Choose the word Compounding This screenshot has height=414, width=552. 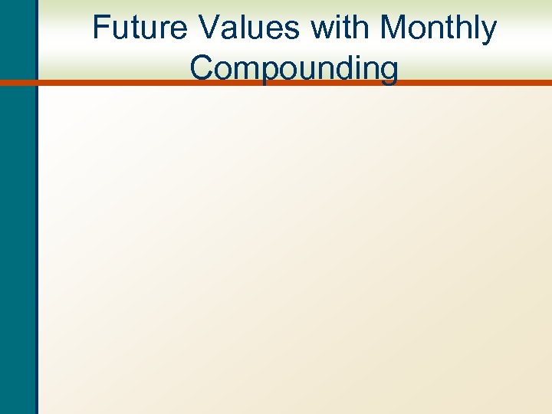click(x=294, y=69)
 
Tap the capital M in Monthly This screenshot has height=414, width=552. click(x=396, y=29)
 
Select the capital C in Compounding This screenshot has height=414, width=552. click(x=203, y=67)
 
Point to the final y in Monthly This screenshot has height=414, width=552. click(x=488, y=34)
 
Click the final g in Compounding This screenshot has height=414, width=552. click(x=388, y=71)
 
